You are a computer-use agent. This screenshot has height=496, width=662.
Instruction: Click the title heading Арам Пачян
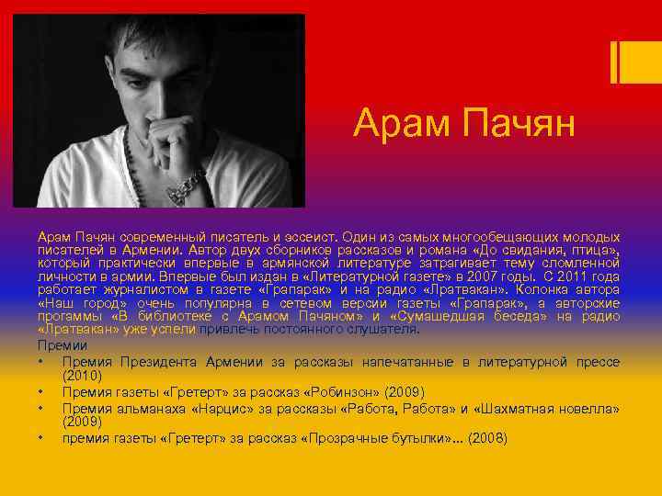click(464, 123)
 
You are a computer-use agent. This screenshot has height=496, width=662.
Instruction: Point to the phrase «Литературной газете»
click(354, 276)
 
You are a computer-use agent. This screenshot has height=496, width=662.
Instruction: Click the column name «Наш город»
click(77, 303)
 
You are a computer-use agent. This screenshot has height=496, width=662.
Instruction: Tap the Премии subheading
click(63, 344)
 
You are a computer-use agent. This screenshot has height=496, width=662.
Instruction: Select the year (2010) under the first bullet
click(83, 376)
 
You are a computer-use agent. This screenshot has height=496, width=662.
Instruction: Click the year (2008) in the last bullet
click(487, 439)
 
